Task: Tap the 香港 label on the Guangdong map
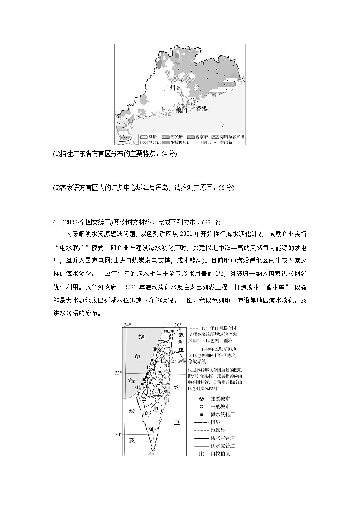coord(202,109)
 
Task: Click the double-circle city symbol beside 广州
coord(178,88)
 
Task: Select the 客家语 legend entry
coord(197,136)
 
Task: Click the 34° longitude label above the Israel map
coord(127,325)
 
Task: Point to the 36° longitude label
coord(178,325)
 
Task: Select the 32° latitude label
coord(118,373)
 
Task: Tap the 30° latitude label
coord(118,435)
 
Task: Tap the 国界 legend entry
coord(214,422)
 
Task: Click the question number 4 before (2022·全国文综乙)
coord(54,222)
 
